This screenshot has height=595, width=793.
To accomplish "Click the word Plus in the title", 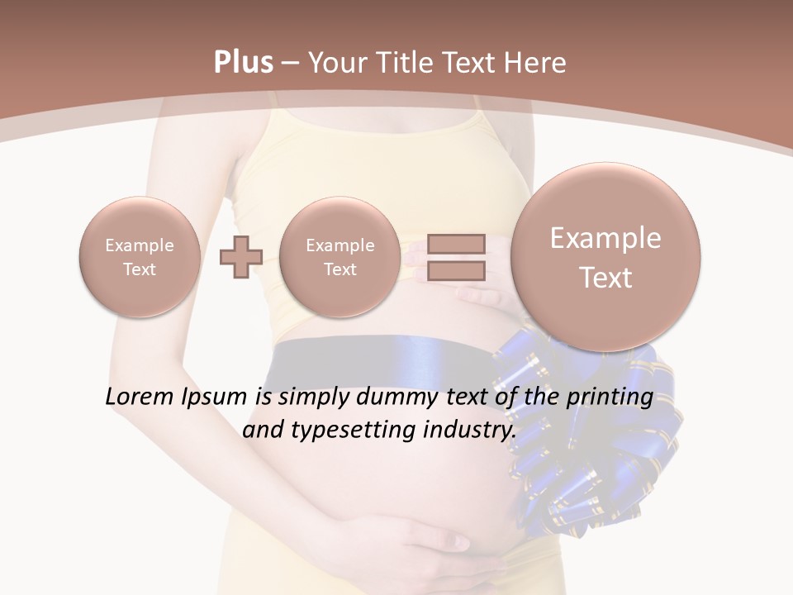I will (x=243, y=63).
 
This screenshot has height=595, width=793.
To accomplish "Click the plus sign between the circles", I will (x=240, y=257).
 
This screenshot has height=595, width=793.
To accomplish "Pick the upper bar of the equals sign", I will (x=456, y=245).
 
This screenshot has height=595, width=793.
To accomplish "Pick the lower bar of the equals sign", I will (x=456, y=270).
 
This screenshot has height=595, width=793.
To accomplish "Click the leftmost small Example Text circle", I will (x=139, y=257).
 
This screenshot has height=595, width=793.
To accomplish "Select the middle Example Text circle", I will (x=340, y=257).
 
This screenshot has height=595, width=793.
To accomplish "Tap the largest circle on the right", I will (x=605, y=257).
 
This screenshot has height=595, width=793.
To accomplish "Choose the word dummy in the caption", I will (x=388, y=397).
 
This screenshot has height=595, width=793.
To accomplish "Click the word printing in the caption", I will (x=610, y=397).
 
